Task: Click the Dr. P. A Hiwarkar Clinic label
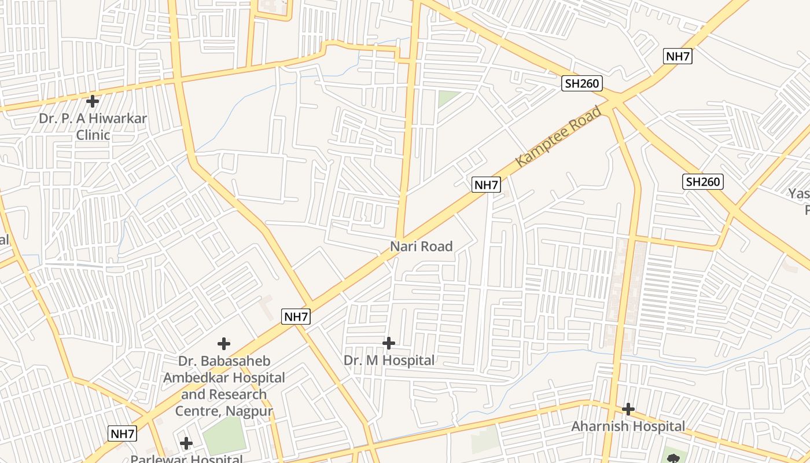93,127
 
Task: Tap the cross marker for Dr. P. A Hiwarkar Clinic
93,101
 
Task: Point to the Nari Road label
421,247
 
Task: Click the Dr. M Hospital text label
389,361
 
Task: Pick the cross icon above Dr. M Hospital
389,343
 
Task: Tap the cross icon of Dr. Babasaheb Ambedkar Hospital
224,344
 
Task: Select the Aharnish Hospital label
628,427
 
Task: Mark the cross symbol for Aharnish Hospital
628,409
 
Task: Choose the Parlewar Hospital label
186,459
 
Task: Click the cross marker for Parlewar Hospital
186,443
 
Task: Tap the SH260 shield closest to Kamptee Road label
582,84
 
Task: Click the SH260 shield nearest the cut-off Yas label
703,182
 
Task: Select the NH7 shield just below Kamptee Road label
486,185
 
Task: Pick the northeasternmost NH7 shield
678,56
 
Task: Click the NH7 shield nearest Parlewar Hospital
123,433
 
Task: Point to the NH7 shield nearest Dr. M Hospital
296,317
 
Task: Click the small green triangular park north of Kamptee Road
447,98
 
